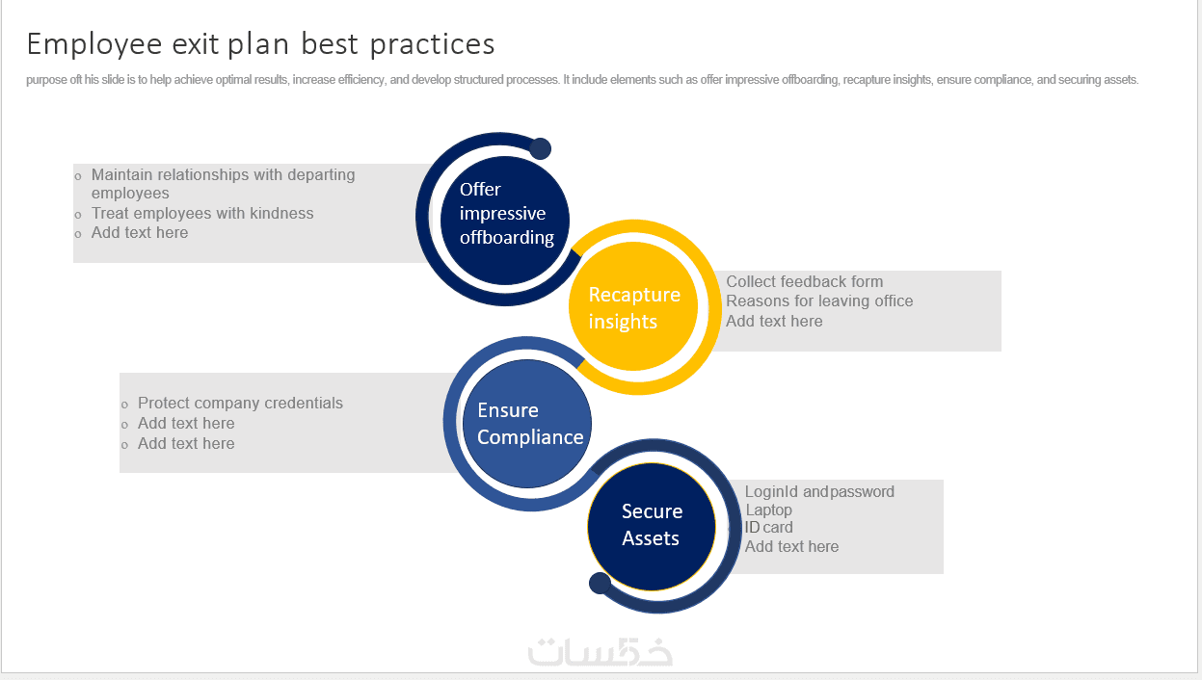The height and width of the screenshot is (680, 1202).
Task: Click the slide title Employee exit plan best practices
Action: pyautogui.click(x=260, y=44)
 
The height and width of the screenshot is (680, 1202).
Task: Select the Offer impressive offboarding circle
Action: pyautogui.click(x=505, y=221)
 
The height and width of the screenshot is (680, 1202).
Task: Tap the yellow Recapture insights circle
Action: pyautogui.click(x=633, y=306)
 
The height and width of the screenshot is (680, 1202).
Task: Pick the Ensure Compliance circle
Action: pyautogui.click(x=527, y=424)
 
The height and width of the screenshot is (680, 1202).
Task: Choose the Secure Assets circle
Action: pyautogui.click(x=652, y=527)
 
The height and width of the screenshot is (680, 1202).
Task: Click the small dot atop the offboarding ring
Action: pyautogui.click(x=541, y=148)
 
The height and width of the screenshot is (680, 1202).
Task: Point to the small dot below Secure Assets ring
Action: pyautogui.click(x=600, y=583)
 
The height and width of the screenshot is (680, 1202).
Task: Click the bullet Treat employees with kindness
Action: pyautogui.click(x=202, y=214)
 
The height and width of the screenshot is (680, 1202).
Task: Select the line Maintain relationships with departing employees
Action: pyautogui.click(x=224, y=184)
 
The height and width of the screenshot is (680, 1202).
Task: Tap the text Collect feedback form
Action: pyautogui.click(x=804, y=281)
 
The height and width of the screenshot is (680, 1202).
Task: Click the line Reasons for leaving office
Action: pyautogui.click(x=819, y=301)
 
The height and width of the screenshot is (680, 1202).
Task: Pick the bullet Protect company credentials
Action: pyautogui.click(x=240, y=404)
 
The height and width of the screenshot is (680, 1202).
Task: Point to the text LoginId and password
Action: pyautogui.click(x=819, y=492)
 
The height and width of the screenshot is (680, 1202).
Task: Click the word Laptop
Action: pyautogui.click(x=768, y=510)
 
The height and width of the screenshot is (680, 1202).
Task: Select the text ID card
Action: pyautogui.click(x=768, y=528)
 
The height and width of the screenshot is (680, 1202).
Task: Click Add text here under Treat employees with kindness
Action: pyautogui.click(x=140, y=233)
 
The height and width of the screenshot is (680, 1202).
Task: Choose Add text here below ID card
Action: pyautogui.click(x=791, y=546)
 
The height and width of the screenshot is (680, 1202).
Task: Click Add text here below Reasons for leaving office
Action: pyautogui.click(x=774, y=322)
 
